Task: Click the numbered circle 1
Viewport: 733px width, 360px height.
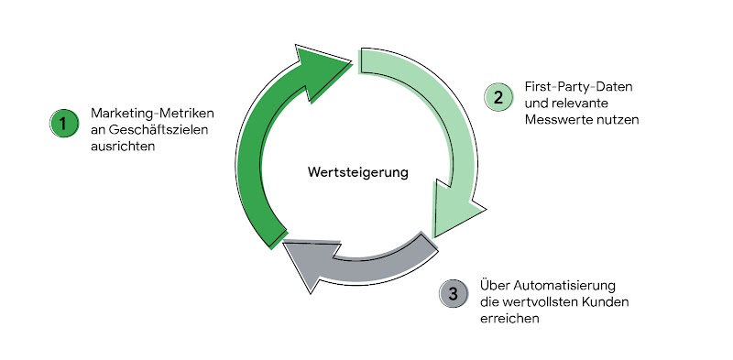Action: click(64, 123)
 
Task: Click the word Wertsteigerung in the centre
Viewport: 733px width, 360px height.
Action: click(357, 171)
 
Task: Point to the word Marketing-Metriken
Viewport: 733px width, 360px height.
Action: click(153, 113)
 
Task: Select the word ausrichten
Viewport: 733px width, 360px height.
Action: click(123, 146)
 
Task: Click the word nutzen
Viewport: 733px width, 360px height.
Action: click(618, 119)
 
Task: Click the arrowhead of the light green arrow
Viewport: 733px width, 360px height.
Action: click(456, 216)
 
